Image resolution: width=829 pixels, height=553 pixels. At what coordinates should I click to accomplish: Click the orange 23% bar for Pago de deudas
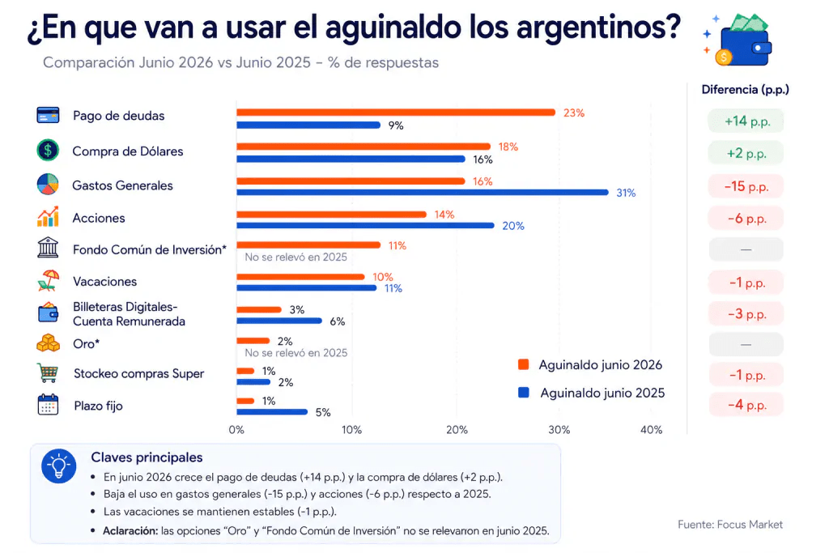point(395,112)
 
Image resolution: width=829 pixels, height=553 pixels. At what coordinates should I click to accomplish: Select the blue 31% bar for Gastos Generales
point(423,193)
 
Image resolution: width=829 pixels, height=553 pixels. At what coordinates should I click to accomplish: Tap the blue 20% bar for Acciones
point(365,226)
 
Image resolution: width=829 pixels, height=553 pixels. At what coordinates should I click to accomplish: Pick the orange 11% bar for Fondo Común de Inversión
point(308,245)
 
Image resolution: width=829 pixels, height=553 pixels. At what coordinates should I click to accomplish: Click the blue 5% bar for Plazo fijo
point(272,412)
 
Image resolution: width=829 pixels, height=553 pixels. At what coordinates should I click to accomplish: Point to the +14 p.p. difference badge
point(746,121)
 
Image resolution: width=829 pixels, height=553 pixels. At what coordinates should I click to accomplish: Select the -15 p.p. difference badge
point(746,186)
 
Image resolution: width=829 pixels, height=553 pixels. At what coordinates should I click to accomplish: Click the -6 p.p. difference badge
point(746,219)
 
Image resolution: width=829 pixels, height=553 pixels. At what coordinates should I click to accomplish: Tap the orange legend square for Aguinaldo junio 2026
point(524,364)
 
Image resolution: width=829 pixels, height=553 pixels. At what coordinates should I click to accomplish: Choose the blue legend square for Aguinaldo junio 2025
point(524,392)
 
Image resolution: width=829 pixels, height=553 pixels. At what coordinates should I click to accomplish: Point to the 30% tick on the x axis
point(559,430)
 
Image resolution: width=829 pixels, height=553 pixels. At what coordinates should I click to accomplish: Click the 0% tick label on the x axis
point(236,430)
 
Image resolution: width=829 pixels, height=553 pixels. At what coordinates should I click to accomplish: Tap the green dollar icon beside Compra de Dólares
point(48,150)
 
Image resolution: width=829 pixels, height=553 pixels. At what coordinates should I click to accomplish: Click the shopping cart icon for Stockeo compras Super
point(48,372)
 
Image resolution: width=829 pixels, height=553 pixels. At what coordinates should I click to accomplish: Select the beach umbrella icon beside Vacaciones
point(48,281)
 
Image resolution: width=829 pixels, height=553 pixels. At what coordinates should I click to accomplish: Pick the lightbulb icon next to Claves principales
point(58,466)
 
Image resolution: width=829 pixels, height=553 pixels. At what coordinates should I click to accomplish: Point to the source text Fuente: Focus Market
point(730,525)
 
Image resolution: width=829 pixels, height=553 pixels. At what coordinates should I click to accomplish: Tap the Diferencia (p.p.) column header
point(745,89)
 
